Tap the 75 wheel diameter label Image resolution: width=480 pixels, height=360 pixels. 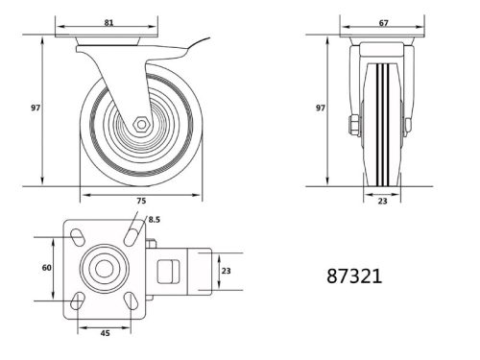click(140, 203)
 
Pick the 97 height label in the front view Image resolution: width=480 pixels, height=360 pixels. click(320, 109)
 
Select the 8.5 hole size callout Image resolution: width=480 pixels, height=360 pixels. click(154, 221)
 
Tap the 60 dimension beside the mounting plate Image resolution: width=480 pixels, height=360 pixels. click(46, 268)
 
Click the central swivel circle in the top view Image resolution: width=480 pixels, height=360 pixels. click(101, 269)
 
